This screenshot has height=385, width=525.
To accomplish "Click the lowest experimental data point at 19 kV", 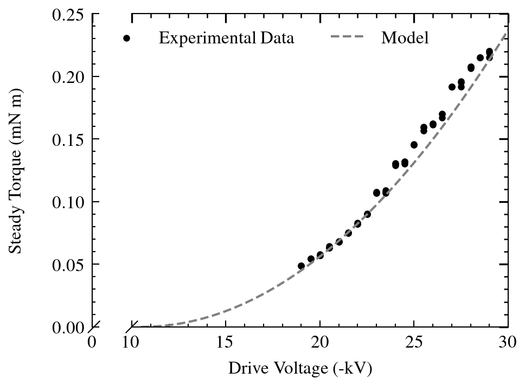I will click(x=301, y=266).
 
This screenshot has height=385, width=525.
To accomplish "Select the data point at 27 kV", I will click(x=452, y=87).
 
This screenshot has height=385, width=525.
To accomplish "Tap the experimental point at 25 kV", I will click(x=414, y=145).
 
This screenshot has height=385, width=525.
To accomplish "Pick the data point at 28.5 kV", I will click(x=480, y=57).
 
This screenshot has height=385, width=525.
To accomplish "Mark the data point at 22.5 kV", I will click(x=367, y=214).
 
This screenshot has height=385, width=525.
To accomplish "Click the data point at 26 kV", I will click(x=433, y=124).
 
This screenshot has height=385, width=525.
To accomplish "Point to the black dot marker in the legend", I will click(x=126, y=38).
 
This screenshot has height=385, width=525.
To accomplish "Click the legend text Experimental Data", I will click(x=226, y=38).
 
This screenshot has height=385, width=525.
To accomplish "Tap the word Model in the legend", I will click(x=405, y=38).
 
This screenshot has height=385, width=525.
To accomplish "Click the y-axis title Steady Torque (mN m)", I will click(x=16, y=171).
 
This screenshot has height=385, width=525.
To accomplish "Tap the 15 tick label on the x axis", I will click(x=226, y=342).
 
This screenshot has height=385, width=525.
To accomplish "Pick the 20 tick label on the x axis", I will click(x=320, y=342).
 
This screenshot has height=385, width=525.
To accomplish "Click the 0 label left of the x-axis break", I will click(x=92, y=342).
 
